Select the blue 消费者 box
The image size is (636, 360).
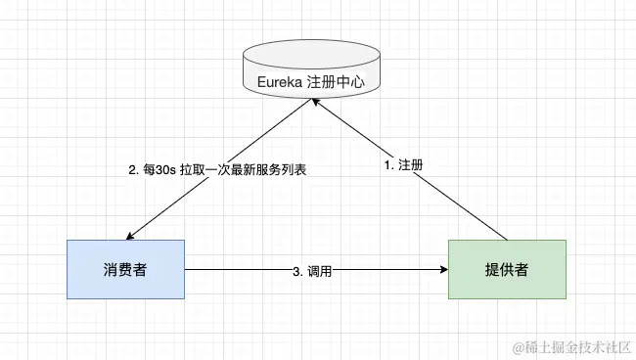coord(125,268)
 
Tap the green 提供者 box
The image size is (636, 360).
coord(508,268)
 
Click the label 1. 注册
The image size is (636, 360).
coord(404,166)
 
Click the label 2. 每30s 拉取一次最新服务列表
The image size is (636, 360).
coord(218,169)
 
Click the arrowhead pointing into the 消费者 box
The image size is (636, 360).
coord(131,235)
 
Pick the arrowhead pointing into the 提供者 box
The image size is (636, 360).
coord(442,268)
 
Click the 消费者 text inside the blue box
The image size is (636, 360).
coord(125,268)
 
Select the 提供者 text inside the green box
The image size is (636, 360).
coord(508,268)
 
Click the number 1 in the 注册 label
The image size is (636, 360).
coord(387,166)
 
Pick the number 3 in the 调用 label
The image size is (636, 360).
coord(296,271)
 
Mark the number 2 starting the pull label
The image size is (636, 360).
coord(133,169)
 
